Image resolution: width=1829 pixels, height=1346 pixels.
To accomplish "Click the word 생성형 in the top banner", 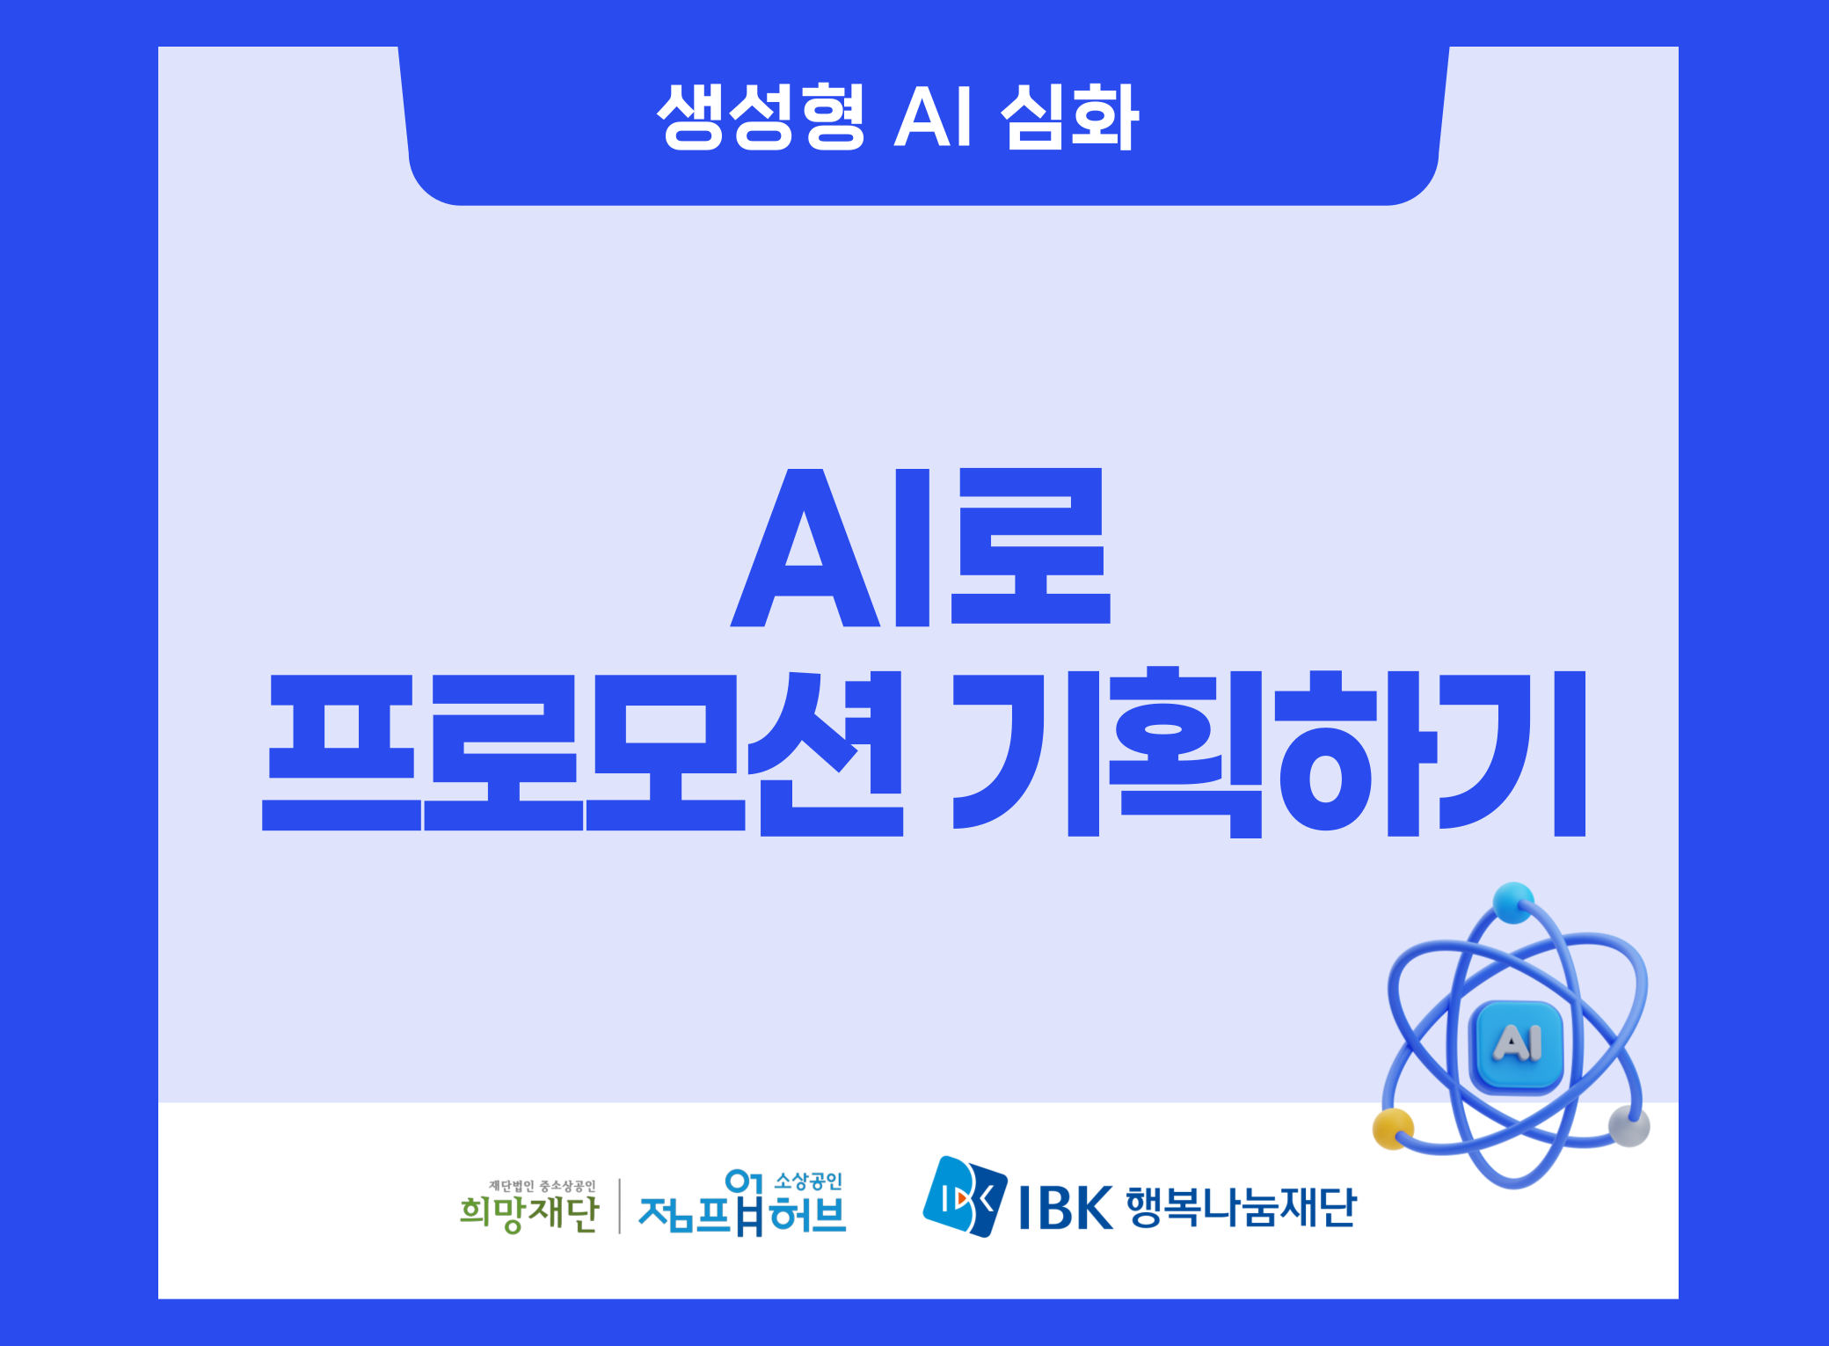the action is coord(761,116).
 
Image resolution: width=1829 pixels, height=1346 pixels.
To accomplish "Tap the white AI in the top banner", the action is coord(934,116).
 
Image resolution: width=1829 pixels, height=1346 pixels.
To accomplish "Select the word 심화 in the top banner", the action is coord(1070,116).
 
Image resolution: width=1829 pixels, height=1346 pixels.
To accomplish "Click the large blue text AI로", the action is coord(921,547).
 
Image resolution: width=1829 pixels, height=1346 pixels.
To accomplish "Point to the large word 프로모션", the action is coord(582,752).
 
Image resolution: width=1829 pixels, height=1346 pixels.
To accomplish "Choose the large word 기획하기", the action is coord(1270,752).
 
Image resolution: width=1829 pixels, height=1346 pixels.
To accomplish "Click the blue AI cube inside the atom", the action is coord(1517,1045).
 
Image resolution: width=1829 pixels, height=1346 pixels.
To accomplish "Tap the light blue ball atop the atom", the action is coord(1512,903).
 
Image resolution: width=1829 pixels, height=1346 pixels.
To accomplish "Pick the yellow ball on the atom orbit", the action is coord(1394,1129).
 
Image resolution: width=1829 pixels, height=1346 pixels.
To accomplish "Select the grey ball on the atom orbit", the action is coord(1629,1126).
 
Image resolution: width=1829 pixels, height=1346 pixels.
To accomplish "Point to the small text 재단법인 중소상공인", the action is coord(543,1186).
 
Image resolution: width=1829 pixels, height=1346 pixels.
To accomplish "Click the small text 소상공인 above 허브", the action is coord(808,1181).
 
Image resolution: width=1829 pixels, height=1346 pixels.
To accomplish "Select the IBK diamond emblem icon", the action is coord(965,1196).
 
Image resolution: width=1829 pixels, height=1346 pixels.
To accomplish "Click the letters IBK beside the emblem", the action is coord(1066,1208).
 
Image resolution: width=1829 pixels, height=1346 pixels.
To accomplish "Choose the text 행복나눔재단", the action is coord(1242,1207).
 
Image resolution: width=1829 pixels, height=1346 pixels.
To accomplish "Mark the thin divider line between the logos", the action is coord(620,1206).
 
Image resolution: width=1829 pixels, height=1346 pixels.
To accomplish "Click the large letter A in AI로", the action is coord(805,547).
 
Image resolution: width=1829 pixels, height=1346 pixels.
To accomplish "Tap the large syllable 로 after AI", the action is coord(1031,545).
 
